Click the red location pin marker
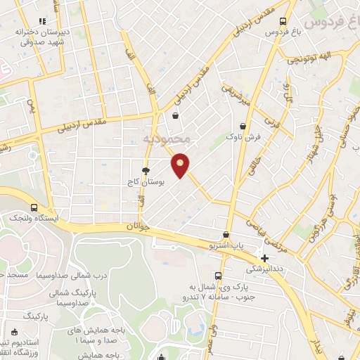click(181, 165)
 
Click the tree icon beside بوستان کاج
click(146, 171)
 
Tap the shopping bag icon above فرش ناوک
click(243, 126)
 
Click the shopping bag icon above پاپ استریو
click(226, 235)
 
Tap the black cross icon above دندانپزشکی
click(264, 258)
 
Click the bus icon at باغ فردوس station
click(283, 22)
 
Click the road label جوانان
click(139, 227)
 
